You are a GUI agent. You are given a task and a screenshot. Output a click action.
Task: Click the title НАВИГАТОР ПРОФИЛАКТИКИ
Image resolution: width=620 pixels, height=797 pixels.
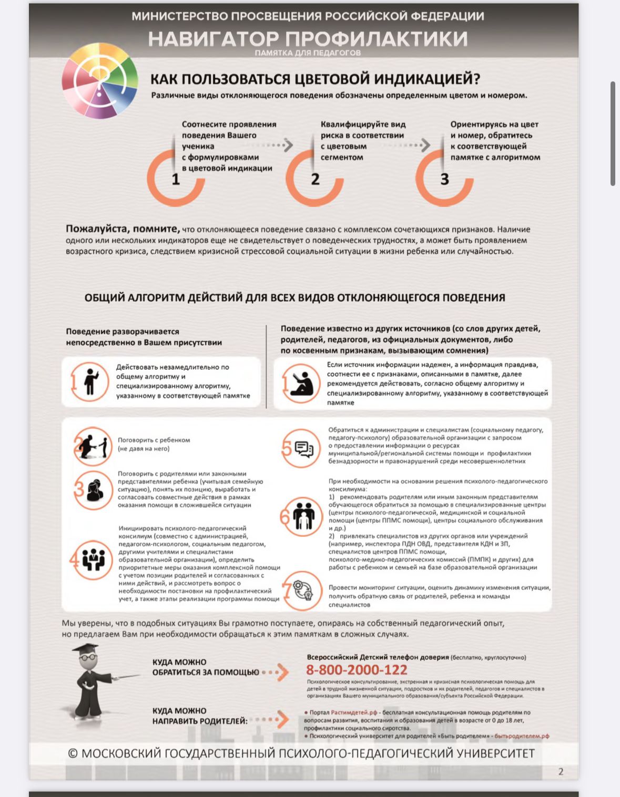pos(308,38)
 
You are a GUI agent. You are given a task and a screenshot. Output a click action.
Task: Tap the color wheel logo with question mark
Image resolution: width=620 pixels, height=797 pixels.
pos(100,80)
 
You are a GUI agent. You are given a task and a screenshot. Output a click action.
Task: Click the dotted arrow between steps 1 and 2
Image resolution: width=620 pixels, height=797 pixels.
pos(276,145)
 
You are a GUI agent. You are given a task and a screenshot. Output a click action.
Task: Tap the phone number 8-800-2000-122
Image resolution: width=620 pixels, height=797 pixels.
pos(357,670)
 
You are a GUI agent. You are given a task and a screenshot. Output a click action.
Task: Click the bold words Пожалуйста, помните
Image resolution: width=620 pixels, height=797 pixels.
pos(123,229)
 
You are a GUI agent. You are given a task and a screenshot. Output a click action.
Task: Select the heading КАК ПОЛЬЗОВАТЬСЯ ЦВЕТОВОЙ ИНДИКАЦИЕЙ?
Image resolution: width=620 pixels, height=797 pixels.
pos(315,79)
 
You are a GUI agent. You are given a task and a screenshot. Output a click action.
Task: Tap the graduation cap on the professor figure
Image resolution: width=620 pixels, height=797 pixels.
pos(86,650)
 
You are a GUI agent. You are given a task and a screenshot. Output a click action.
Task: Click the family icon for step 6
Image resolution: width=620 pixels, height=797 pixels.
pos(303,516)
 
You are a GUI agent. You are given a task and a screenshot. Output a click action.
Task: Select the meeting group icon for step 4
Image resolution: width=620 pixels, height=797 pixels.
pos(94,560)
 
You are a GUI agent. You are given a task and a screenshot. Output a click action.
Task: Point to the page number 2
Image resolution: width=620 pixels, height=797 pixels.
pos(561,771)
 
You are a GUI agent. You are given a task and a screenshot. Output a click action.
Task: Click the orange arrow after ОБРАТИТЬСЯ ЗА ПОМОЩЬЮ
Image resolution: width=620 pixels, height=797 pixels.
pos(282,672)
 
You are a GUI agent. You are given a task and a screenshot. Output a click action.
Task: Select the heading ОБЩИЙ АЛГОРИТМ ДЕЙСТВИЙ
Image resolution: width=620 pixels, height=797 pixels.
pos(294,298)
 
